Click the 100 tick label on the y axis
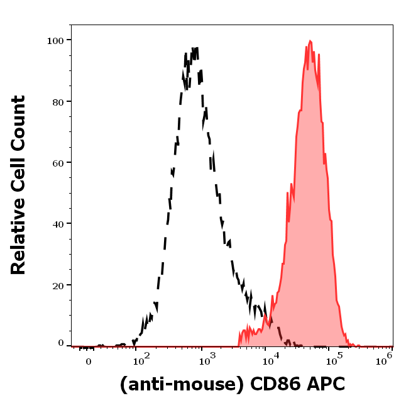55,40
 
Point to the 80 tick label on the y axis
58,101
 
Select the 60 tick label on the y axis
58,162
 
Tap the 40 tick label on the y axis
58,223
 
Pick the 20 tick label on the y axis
58,285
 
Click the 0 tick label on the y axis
61,343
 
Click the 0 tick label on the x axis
89,362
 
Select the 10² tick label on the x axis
141,360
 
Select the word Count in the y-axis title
18,120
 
